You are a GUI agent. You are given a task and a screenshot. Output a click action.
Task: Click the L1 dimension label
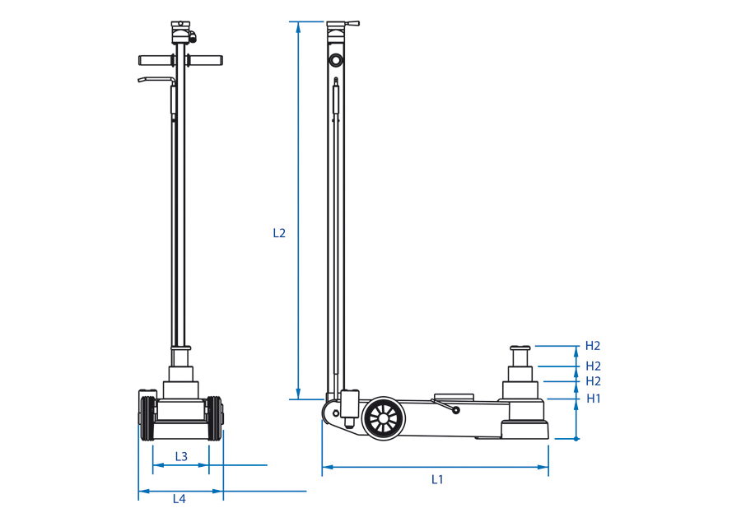437,479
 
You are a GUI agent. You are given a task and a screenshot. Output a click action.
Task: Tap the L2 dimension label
279,233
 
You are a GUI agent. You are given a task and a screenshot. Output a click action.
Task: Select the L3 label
181,456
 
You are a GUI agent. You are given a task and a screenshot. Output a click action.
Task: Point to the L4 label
179,499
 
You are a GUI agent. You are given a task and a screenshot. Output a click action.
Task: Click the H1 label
594,399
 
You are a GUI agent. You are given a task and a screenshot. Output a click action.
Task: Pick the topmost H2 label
593,346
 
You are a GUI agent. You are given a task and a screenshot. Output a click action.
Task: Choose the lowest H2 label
593,381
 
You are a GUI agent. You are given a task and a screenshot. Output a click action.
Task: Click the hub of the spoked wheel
383,419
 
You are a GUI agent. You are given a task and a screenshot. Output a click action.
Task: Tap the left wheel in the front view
147,419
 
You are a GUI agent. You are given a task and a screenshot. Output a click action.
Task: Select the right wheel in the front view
214,419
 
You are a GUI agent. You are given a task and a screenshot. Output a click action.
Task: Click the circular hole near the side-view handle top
336,60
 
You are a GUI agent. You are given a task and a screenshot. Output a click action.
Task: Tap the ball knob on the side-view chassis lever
456,410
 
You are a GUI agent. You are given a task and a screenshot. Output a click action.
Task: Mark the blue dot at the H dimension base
576,439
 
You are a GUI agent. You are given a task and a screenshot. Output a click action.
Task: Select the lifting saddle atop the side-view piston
520,348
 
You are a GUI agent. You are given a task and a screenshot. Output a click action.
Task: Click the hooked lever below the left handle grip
156,81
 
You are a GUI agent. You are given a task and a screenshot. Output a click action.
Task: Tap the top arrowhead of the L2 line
298,27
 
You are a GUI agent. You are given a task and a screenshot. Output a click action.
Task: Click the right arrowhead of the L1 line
543,467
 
